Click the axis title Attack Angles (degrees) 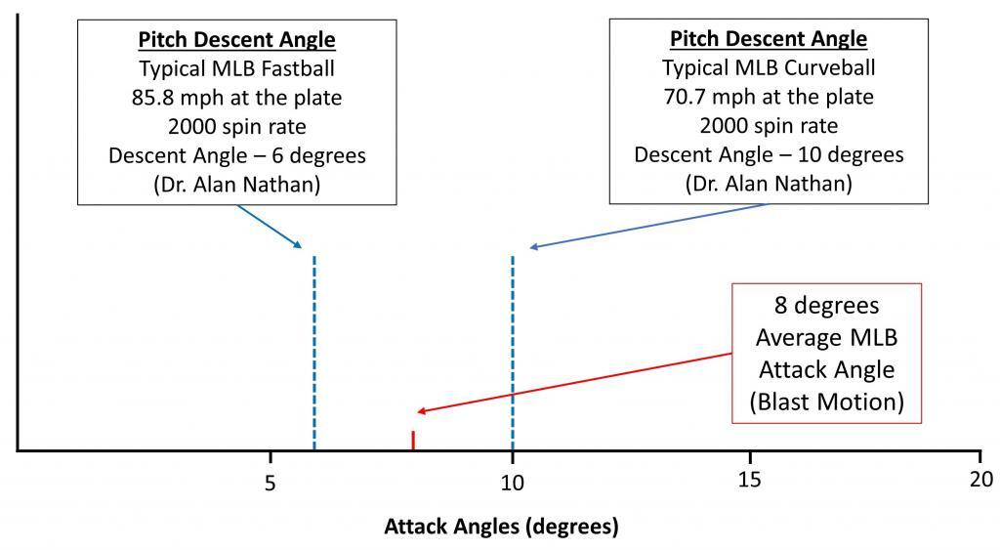pos(501,528)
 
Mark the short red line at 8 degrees pos(413,441)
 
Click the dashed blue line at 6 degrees pos(313,352)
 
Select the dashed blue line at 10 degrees pos(512,352)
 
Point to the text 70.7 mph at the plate pos(769,98)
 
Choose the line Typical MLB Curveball pos(769,69)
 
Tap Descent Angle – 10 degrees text pos(769,155)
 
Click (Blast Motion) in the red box pos(826,400)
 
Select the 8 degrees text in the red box pos(826,307)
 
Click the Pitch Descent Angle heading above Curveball pos(769,40)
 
